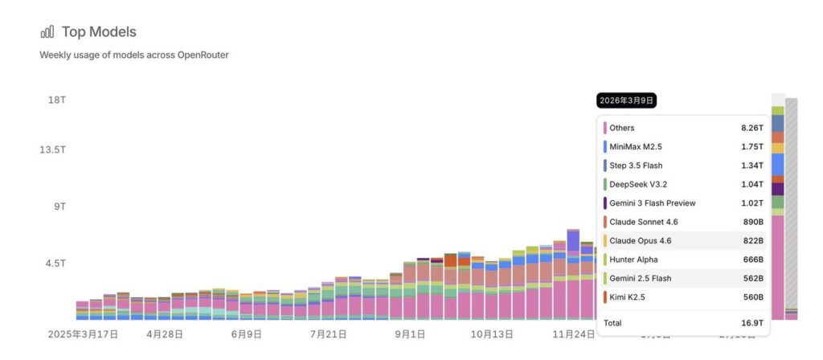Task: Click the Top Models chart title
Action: coord(99,32)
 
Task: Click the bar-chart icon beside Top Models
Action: coord(47,32)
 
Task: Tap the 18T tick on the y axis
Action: coord(56,100)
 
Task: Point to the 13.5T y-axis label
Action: coord(53,150)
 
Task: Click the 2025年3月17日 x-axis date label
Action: coord(83,333)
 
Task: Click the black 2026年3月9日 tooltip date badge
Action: coord(627,100)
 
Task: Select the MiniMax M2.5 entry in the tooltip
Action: coord(636,147)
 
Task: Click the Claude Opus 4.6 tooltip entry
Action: coord(641,240)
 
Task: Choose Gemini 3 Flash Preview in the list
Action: coord(653,203)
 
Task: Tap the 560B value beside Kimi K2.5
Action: coord(752,297)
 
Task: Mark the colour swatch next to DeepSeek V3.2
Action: coord(604,184)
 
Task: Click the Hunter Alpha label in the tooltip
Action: coord(633,260)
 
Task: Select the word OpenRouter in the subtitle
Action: coord(203,55)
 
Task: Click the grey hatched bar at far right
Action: coord(792,201)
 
